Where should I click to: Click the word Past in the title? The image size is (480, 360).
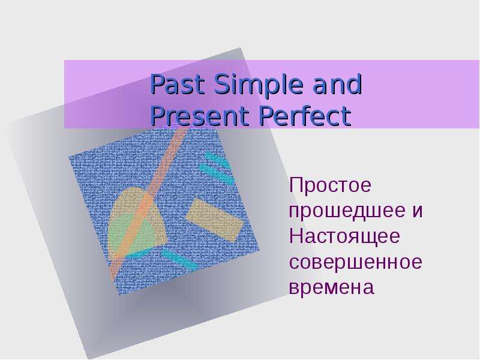tap(177, 85)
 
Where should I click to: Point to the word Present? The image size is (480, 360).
tap(200, 116)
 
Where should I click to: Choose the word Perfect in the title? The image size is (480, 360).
tap(305, 116)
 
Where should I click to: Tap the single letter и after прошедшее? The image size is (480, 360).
tap(417, 211)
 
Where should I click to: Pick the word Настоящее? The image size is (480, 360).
tap(344, 236)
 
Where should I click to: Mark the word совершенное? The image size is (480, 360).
tap(356, 262)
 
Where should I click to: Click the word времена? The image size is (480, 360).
tap(332, 288)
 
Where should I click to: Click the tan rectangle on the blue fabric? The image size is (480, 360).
tap(215, 220)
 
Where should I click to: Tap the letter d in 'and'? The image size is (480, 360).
tap(355, 85)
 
